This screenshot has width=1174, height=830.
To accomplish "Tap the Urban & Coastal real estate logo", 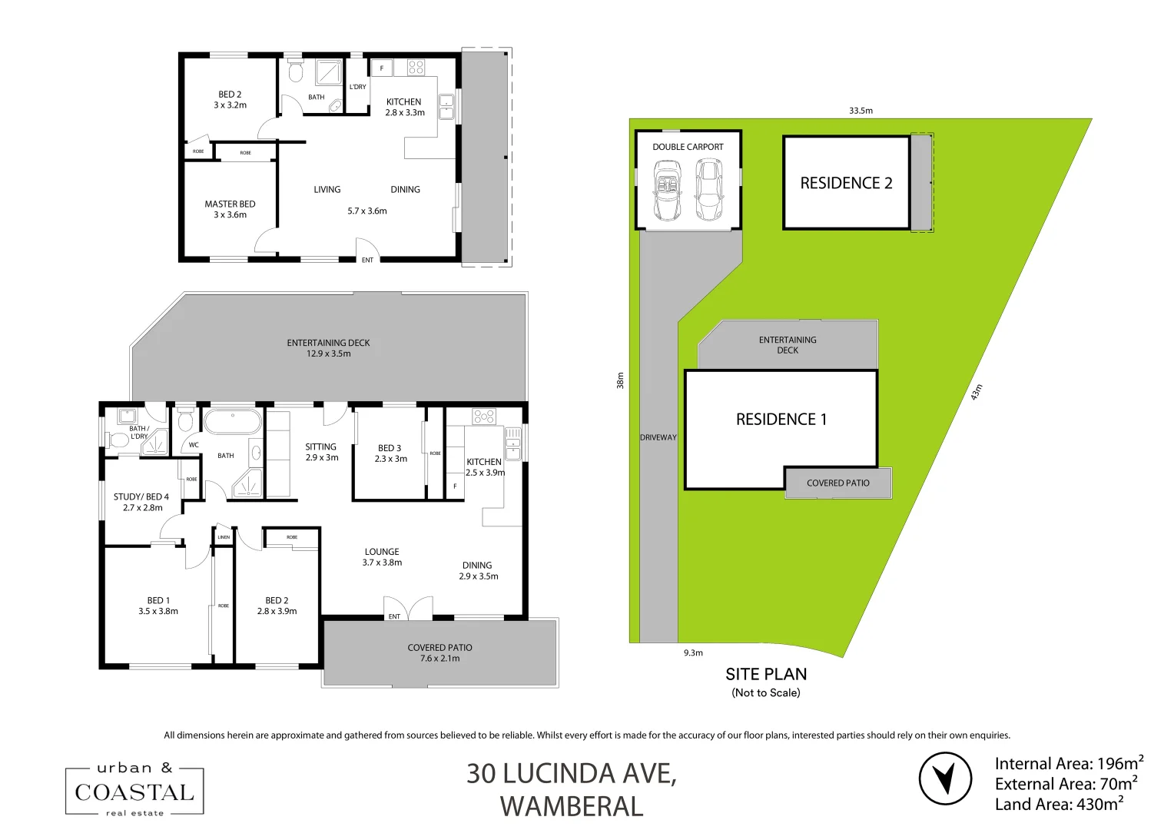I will click(x=134, y=791).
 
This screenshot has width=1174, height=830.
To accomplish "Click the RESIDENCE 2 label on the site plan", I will click(x=846, y=183).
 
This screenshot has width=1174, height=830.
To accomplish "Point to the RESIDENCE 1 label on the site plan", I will click(x=781, y=420).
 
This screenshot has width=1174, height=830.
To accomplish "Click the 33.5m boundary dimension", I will click(x=861, y=111).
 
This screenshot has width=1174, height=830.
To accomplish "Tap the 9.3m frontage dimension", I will click(x=693, y=653).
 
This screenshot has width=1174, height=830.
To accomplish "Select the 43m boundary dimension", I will click(x=977, y=392).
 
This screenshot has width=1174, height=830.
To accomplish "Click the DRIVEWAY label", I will click(x=658, y=437).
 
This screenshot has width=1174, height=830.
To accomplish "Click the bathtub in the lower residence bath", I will click(x=231, y=422).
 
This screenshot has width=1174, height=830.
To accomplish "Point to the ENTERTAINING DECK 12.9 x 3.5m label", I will click(x=328, y=348).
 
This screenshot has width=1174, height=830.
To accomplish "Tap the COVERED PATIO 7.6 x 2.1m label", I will click(x=439, y=652).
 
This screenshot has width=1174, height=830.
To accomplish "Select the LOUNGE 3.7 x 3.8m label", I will click(x=382, y=557).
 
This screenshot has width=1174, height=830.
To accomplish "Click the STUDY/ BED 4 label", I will click(x=141, y=502).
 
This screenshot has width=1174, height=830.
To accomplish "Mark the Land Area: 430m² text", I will click(x=1060, y=805).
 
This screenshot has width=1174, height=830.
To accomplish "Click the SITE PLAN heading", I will click(x=766, y=675).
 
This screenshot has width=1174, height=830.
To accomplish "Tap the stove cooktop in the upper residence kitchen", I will click(x=416, y=67).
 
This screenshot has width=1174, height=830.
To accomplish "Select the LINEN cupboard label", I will click(x=224, y=537).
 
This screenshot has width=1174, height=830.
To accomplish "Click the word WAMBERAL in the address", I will click(x=572, y=807).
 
